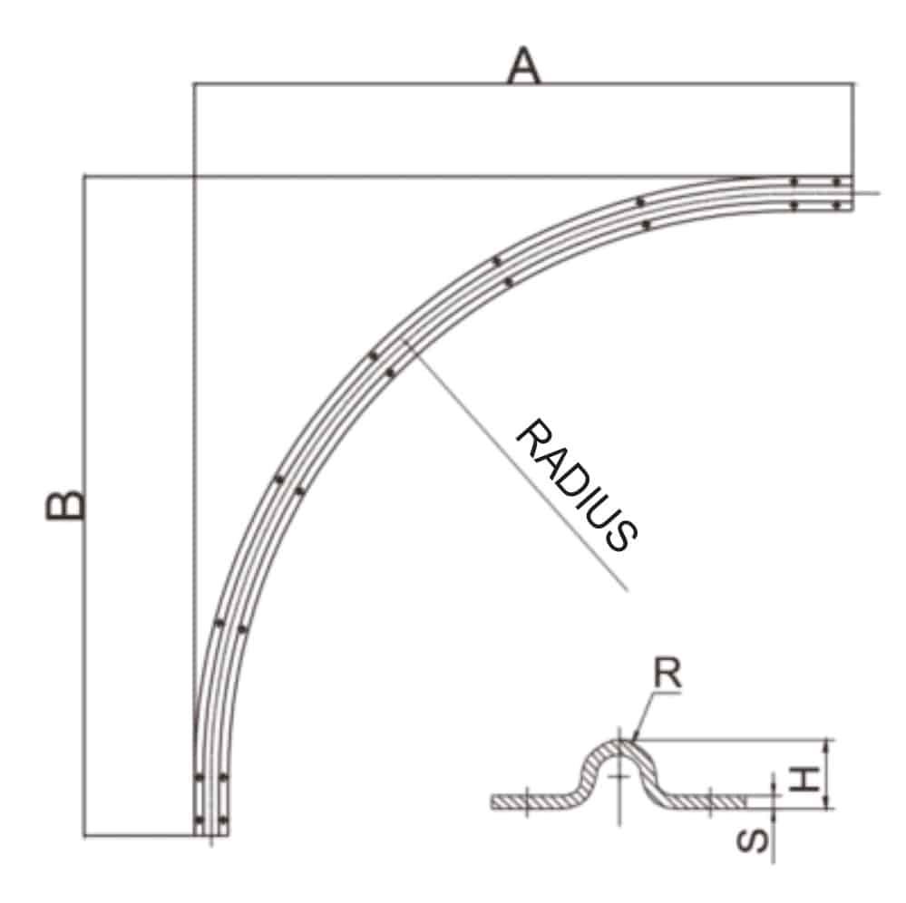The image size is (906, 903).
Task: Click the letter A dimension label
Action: (523, 66)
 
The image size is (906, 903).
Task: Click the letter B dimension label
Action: (65, 506)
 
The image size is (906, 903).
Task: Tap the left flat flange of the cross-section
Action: (531, 801)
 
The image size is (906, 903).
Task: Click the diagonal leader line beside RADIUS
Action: (517, 467)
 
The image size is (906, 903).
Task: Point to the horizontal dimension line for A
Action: (523, 84)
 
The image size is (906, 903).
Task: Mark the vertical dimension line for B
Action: (84, 505)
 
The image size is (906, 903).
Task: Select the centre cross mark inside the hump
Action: (619, 777)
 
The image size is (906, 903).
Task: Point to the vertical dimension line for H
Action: (827, 774)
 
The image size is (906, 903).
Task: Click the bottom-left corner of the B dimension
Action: (84, 834)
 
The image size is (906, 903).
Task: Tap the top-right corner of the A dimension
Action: (852, 84)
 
